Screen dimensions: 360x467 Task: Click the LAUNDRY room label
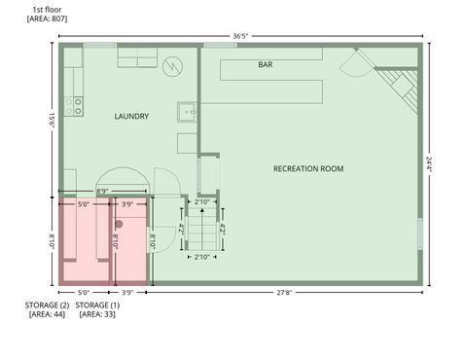coord(131,116)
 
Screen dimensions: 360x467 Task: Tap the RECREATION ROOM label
coord(308,168)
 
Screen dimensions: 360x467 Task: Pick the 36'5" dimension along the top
coord(240,36)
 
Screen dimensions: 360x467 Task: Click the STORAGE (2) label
coord(47,305)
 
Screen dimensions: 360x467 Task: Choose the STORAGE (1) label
coord(97,305)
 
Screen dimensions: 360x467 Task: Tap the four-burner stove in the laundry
coord(73,106)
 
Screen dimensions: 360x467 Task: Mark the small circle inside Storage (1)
coord(120,224)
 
